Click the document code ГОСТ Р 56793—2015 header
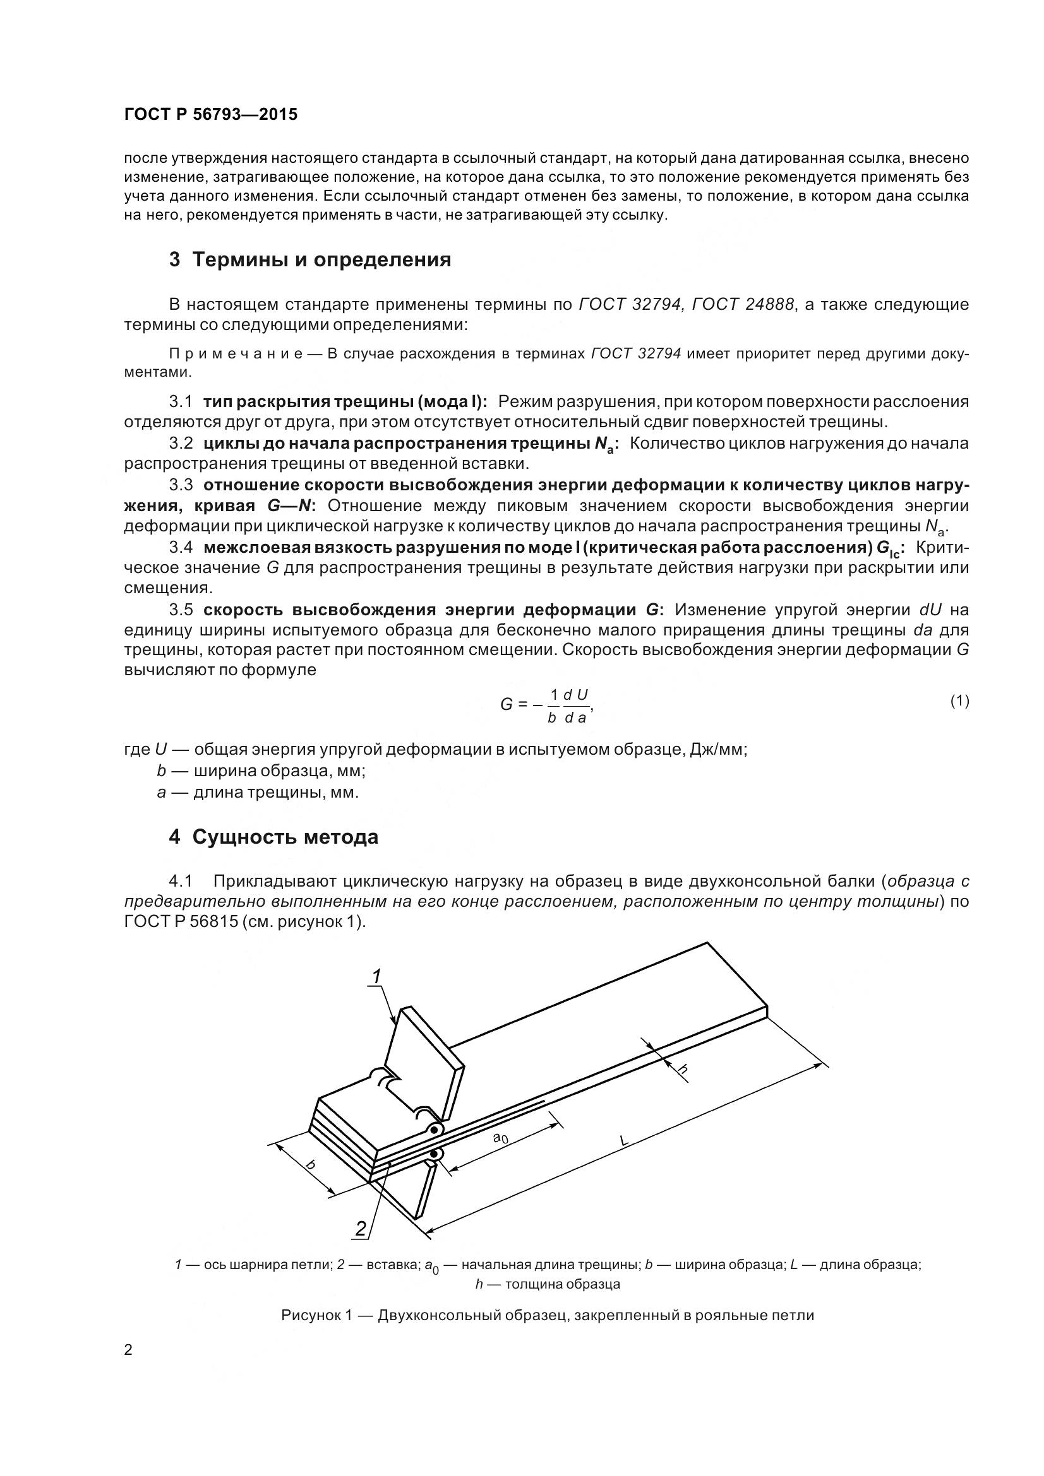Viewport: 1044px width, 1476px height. click(x=210, y=115)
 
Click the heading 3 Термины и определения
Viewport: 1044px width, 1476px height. click(x=310, y=260)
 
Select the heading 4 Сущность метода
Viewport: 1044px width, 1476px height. click(x=273, y=837)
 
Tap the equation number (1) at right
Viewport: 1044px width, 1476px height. click(x=959, y=701)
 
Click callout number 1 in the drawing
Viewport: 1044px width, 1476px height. click(x=377, y=976)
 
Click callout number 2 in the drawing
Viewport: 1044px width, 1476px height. click(x=361, y=1229)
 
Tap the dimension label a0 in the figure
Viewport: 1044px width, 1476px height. click(x=500, y=1137)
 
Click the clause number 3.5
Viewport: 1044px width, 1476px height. click(x=181, y=610)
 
